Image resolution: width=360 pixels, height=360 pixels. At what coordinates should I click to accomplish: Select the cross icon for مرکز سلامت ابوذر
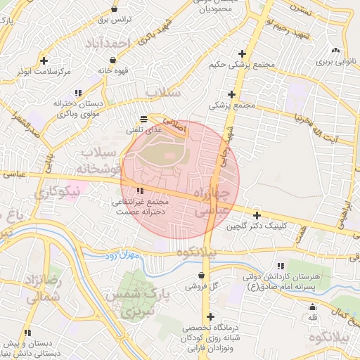[44, 61]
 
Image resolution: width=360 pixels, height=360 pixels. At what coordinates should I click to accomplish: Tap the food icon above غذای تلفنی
[144, 119]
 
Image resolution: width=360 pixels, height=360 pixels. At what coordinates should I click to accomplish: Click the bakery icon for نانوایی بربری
[335, 51]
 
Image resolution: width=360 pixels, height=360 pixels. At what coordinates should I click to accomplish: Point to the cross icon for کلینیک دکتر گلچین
[257, 216]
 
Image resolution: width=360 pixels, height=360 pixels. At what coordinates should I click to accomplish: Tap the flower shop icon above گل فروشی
[203, 276]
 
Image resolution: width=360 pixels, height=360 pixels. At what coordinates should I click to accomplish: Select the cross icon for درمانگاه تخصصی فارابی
[210, 317]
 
